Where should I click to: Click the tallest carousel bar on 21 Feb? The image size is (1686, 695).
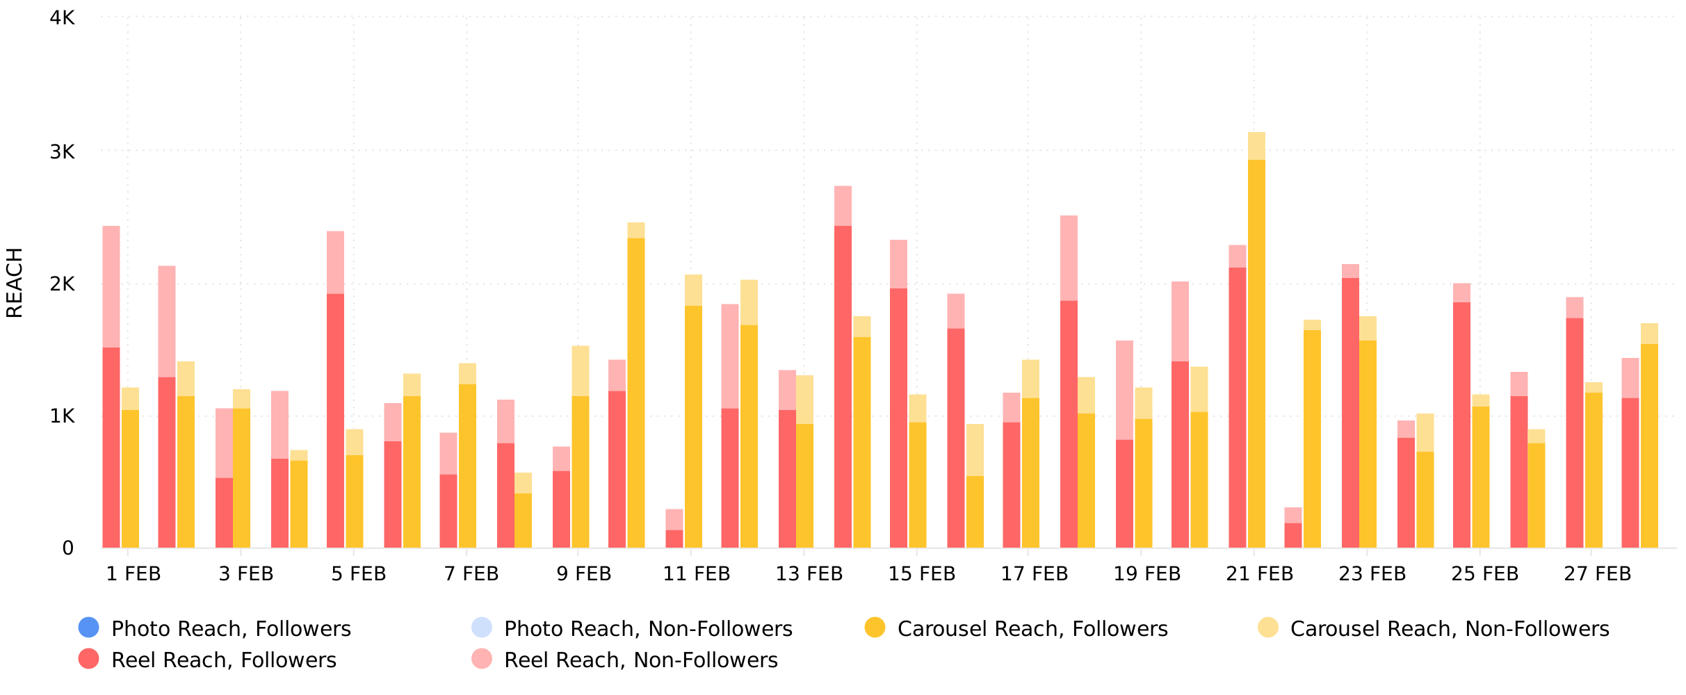click(1256, 347)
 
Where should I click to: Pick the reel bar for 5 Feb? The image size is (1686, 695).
click(335, 417)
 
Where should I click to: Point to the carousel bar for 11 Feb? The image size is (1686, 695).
click(693, 417)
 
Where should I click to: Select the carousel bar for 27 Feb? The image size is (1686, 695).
click(1594, 473)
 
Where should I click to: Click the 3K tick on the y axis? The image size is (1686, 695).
click(63, 151)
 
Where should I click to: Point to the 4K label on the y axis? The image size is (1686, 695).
click(63, 18)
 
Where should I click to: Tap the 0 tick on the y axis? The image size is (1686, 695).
click(67, 548)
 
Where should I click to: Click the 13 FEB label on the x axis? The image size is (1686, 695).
click(809, 574)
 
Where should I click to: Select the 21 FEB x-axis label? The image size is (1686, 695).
click(1260, 574)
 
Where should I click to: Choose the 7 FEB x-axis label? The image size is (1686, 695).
click(471, 574)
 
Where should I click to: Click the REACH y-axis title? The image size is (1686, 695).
click(15, 283)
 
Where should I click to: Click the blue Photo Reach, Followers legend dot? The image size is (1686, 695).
click(89, 628)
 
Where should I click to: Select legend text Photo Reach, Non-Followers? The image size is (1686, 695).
click(648, 629)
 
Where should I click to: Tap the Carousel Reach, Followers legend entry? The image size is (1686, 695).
click(1032, 629)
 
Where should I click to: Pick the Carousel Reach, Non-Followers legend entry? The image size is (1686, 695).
click(1450, 629)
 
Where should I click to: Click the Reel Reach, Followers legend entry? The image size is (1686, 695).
click(223, 660)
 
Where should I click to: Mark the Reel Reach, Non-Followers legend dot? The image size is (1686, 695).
click(481, 659)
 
